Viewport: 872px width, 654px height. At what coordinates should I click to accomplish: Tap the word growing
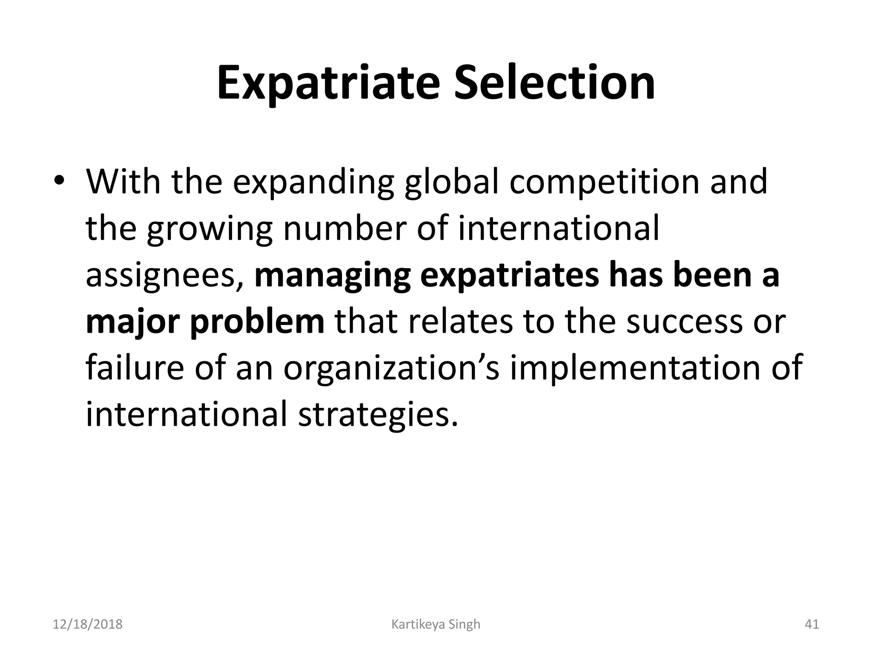(x=209, y=229)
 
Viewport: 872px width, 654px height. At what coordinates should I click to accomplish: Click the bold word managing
(x=333, y=276)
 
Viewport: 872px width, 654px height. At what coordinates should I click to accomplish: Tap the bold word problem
(x=257, y=322)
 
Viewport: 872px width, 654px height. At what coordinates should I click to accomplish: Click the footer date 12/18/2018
(x=88, y=625)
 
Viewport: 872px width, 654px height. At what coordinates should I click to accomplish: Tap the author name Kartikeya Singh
(x=436, y=625)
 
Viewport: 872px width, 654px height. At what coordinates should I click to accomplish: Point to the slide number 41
(x=812, y=625)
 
